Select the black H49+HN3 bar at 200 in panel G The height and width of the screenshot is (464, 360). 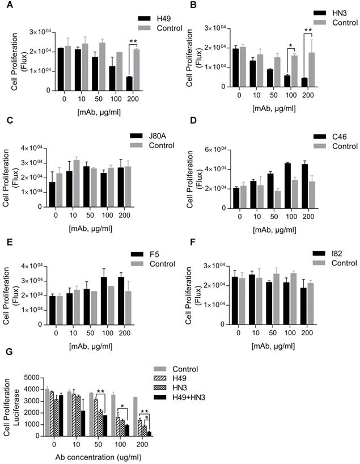(149, 433)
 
